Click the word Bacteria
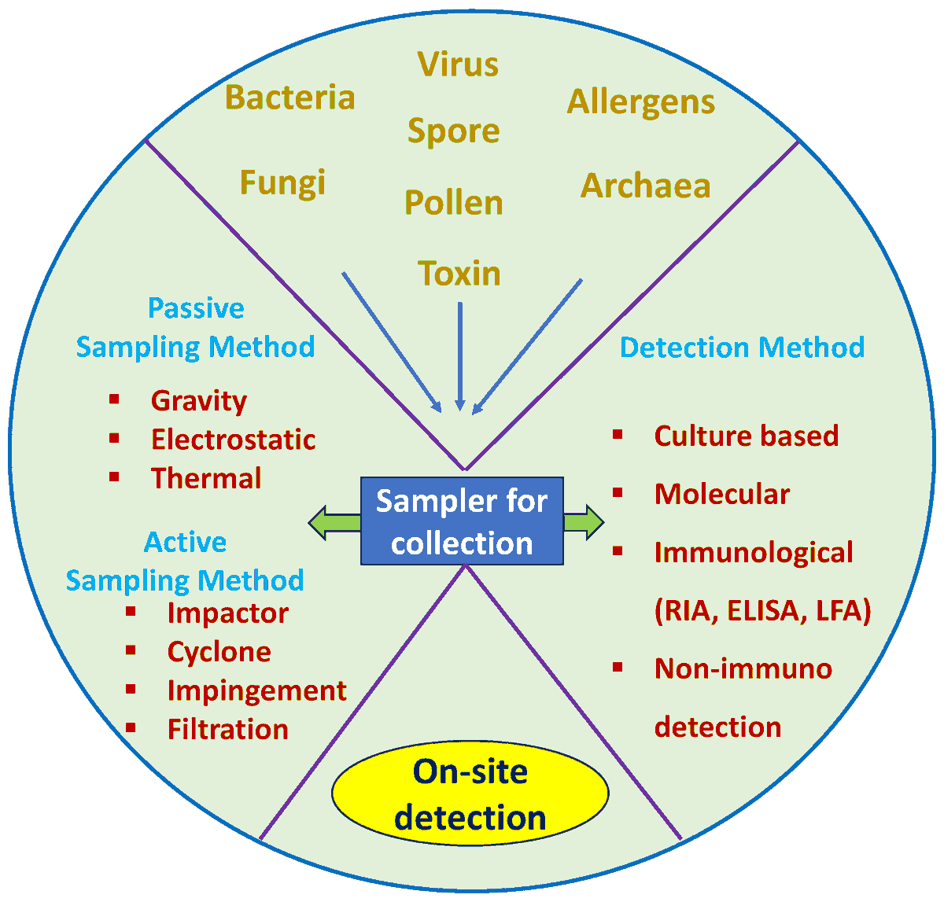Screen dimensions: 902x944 tap(289, 98)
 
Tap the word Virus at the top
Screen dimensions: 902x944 tap(458, 64)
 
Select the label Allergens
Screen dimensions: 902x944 tap(641, 101)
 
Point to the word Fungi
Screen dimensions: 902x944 tap(282, 182)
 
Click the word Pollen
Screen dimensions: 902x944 tap(454, 203)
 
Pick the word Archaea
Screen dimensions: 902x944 tap(646, 186)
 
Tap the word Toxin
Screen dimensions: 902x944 tap(459, 274)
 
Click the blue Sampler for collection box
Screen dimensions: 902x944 tap(462, 521)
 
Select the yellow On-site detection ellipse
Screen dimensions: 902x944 tap(470, 794)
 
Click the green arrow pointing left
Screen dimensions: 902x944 tap(334, 522)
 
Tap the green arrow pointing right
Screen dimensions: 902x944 tap(584, 522)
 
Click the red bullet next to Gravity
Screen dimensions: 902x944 tap(115, 399)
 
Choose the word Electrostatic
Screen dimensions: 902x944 tap(234, 439)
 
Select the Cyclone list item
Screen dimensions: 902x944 tap(219, 651)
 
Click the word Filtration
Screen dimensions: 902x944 tap(228, 729)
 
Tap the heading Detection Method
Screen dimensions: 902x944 tap(742, 347)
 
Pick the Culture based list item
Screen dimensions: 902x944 tap(747, 436)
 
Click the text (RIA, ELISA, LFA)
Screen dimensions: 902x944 tap(762, 610)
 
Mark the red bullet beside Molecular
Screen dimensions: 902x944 tap(618, 492)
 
